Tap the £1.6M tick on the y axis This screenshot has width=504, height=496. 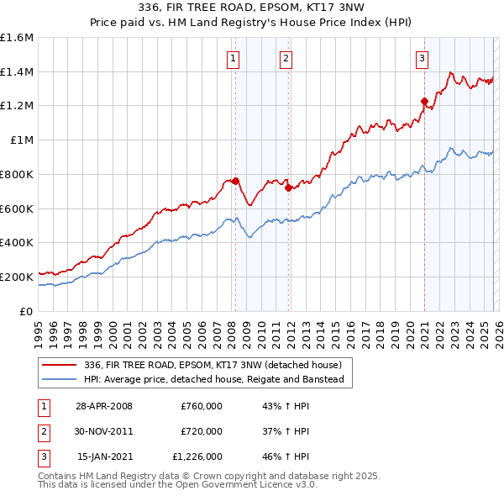pos(17,38)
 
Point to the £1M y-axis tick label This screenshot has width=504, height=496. pos(20,140)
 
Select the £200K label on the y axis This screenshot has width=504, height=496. pos(17,277)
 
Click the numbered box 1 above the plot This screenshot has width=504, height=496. pos(232,58)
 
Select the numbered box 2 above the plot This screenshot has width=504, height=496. pos(286,58)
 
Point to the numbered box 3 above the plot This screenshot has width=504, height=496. pos(422,58)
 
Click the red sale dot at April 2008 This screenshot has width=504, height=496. pos(236,181)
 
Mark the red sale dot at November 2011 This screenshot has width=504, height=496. pos(289,187)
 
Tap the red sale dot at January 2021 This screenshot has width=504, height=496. pos(424,101)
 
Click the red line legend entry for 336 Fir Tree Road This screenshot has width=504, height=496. pos(213,365)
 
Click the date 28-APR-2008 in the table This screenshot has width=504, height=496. pos(103,405)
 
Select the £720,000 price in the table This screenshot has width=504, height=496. pos(202,431)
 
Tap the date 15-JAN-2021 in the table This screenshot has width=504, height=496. pos(103,457)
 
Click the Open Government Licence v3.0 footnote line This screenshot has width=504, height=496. pos(177,485)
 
